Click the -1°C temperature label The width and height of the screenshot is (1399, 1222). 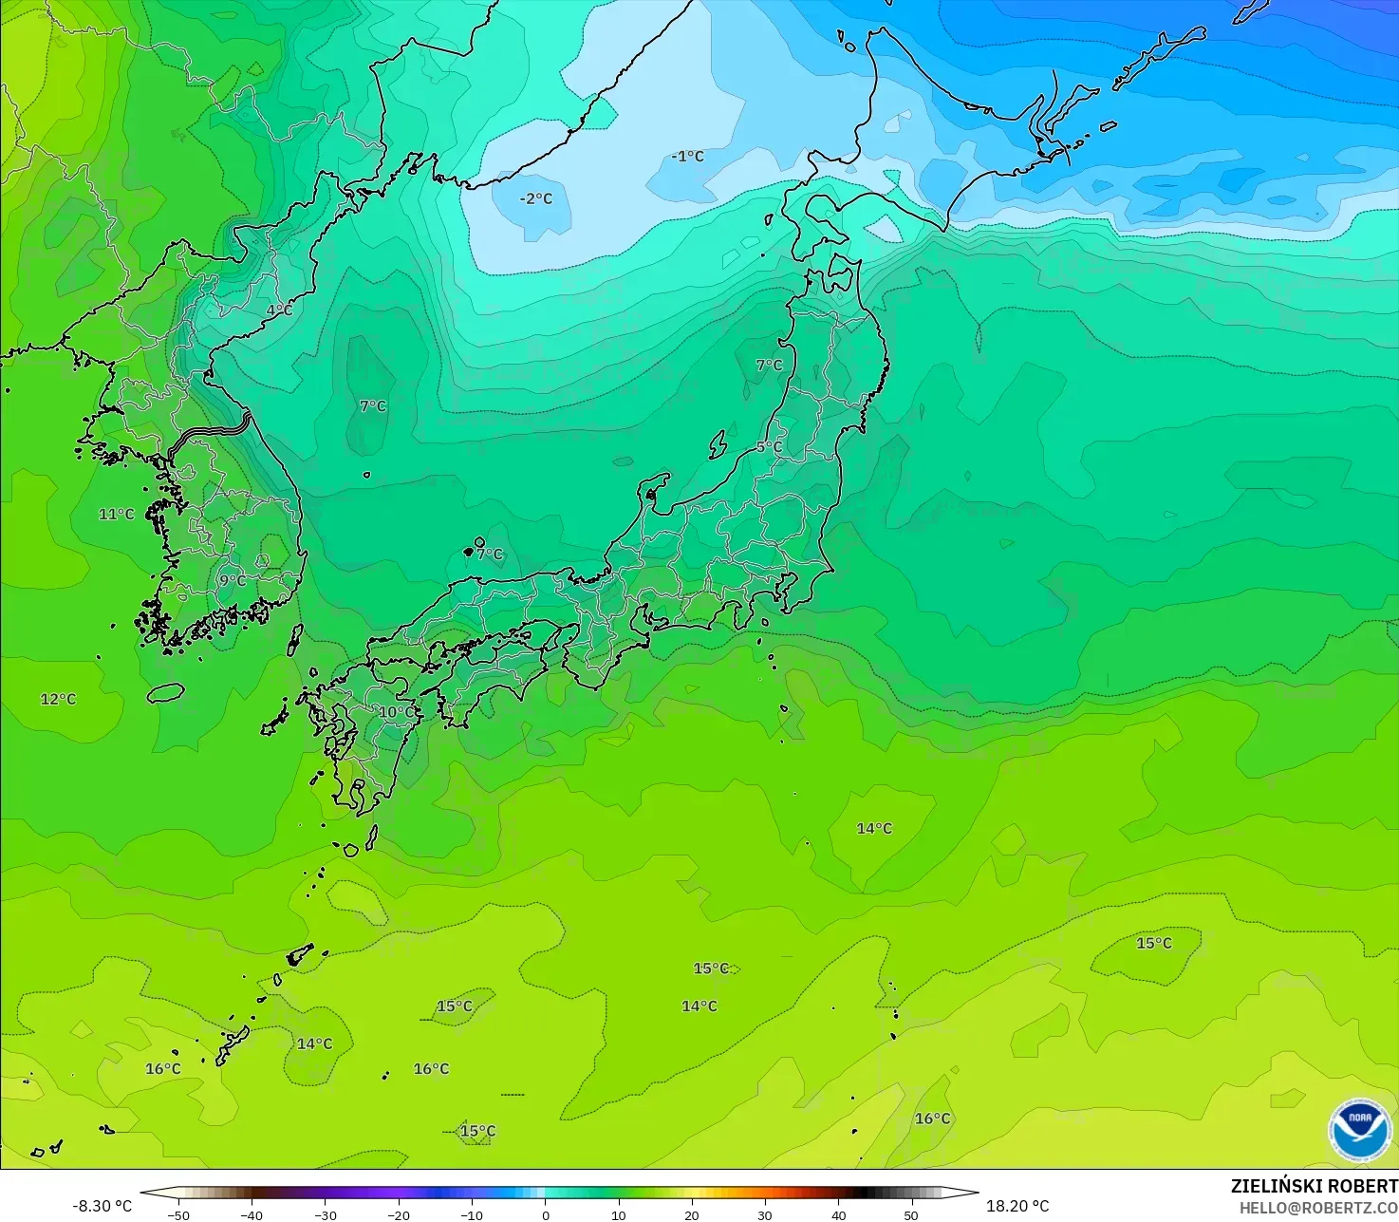click(688, 156)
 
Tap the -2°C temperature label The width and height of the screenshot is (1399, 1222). click(536, 198)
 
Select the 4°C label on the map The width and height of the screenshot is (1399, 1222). click(279, 310)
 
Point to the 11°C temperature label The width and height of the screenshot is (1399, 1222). click(117, 515)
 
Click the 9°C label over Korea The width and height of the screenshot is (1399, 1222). click(233, 580)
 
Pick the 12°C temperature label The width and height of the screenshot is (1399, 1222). click(58, 700)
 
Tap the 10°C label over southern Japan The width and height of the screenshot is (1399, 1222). click(398, 712)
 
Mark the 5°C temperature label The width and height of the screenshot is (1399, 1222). click(769, 446)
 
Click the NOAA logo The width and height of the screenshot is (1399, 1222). click(1360, 1129)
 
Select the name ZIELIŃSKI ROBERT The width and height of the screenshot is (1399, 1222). click(1314, 1186)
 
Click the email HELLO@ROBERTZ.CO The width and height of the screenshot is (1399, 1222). click(1318, 1208)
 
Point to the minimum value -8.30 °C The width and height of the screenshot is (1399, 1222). click(103, 1206)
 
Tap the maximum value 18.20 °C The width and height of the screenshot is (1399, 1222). click(1017, 1206)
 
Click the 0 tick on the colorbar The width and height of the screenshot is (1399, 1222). click(545, 1214)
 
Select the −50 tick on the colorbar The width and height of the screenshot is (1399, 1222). click(177, 1214)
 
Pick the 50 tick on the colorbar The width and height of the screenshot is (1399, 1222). click(911, 1214)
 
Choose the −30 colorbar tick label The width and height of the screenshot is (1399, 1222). click(325, 1214)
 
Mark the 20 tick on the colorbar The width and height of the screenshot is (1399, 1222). click(692, 1214)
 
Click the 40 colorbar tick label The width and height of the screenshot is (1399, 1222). click(838, 1214)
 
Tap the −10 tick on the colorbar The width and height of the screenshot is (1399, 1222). click(471, 1214)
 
